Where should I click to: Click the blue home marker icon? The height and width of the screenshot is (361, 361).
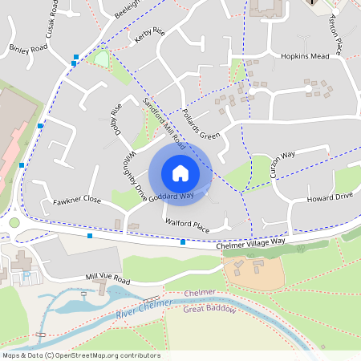(x=180, y=172)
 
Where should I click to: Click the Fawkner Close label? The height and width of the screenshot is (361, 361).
(x=77, y=199)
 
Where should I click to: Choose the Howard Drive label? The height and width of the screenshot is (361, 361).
(x=330, y=197)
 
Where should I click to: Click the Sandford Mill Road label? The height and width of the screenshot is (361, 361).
(x=164, y=124)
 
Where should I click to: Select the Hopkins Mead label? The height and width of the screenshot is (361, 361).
(x=305, y=56)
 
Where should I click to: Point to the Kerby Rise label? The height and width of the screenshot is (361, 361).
(x=149, y=36)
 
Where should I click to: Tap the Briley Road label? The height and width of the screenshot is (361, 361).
(x=30, y=48)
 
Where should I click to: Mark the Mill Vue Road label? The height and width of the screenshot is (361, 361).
(x=107, y=279)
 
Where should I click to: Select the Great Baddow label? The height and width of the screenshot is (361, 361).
(x=209, y=309)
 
